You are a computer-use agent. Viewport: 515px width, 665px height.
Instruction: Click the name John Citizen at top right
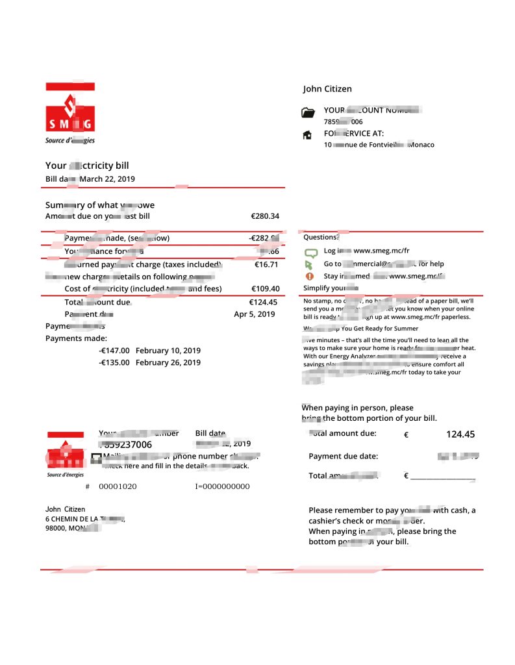(327, 89)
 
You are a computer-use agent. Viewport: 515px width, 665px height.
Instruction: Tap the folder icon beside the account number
(308, 113)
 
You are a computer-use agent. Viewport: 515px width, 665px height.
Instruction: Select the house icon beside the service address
(307, 135)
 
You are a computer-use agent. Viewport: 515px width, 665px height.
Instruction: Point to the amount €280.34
(265, 216)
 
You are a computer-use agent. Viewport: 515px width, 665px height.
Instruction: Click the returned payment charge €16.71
(266, 264)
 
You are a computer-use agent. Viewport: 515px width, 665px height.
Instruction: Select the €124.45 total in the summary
(263, 302)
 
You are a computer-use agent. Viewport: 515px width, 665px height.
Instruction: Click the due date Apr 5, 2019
(254, 314)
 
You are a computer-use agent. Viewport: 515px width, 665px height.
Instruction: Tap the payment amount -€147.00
(114, 351)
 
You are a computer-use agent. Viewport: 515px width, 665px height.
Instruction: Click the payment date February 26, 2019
(168, 362)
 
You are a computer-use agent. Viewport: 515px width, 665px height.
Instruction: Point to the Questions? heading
(321, 238)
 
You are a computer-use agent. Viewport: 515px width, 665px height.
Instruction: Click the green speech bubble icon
(310, 252)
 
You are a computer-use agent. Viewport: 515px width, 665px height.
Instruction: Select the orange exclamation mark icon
(309, 276)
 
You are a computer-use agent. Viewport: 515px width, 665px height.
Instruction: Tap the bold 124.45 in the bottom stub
(460, 434)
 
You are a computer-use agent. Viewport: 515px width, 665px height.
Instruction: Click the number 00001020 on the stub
(118, 486)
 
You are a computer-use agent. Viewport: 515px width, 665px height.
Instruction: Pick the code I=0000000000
(222, 486)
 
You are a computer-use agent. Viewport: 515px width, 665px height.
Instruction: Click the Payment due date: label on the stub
(343, 456)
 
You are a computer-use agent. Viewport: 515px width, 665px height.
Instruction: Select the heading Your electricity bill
(87, 166)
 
